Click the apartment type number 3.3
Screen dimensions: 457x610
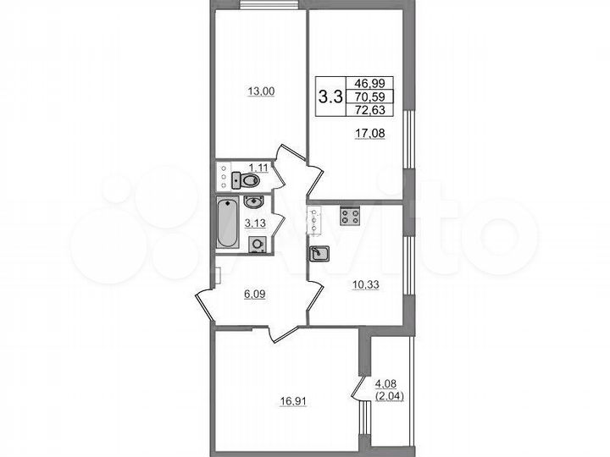click(330, 96)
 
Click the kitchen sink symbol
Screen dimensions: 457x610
click(320, 253)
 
